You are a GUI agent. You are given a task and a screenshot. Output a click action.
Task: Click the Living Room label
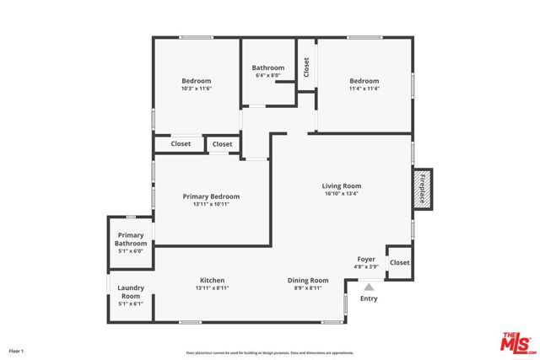point(341,185)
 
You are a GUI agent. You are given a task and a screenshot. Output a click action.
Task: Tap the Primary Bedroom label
point(211,196)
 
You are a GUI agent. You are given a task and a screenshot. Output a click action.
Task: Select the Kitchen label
point(212,281)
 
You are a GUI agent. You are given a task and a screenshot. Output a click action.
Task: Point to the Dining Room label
point(308,281)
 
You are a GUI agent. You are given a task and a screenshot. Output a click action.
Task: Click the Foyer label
point(366,260)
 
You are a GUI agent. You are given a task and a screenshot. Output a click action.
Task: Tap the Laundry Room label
point(130,292)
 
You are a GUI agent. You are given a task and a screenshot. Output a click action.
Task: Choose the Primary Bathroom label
point(131,239)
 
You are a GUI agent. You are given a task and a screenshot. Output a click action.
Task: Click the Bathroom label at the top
point(268,67)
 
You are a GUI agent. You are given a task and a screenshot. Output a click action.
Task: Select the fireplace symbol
point(421,187)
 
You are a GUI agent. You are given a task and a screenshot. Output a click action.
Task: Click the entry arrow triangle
point(368,287)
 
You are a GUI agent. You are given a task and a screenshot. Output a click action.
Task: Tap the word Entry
point(369,298)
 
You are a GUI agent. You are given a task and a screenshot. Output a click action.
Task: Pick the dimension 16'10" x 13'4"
point(341,193)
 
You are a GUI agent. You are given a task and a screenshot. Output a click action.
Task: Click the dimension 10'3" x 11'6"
point(196,89)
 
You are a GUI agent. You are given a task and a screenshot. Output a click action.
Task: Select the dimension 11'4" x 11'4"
point(364,89)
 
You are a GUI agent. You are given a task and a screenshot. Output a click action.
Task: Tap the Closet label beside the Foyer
point(399,262)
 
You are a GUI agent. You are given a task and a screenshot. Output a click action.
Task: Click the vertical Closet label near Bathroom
point(306,67)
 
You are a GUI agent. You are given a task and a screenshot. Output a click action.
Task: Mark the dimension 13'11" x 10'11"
point(211,204)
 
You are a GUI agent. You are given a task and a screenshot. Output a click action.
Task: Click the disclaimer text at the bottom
point(269,352)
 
